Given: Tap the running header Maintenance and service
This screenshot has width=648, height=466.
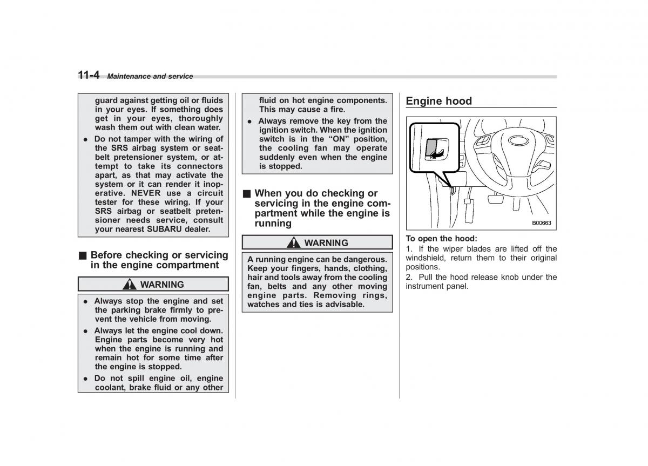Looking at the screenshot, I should click(150, 77).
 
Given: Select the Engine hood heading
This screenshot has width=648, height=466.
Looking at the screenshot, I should click(438, 101).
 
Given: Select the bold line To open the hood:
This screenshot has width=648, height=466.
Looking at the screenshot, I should click(441, 238).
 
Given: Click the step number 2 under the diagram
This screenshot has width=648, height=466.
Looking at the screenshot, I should click(408, 277).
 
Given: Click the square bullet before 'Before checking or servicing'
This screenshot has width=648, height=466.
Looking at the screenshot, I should click(82, 255).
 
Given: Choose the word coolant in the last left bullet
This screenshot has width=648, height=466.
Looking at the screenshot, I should click(110, 387).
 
